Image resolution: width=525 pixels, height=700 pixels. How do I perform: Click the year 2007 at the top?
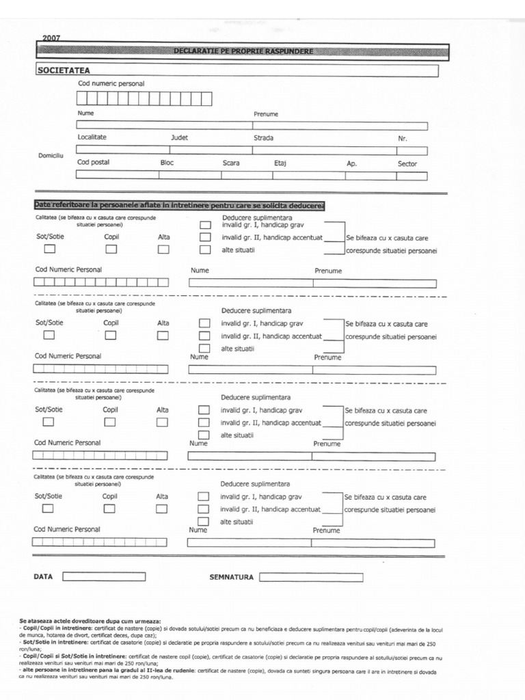(51, 38)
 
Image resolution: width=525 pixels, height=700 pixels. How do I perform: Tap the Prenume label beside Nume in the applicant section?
(266, 114)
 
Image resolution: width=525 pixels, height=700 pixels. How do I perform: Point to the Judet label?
(179, 137)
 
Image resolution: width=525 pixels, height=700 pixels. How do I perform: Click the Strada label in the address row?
(263, 138)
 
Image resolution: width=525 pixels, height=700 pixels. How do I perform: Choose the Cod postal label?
(93, 163)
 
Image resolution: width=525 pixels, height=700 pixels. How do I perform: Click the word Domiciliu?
(51, 156)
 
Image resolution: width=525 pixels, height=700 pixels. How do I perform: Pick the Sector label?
(407, 164)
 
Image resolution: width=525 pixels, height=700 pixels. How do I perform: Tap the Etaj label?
(280, 163)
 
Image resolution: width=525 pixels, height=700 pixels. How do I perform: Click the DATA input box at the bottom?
(104, 576)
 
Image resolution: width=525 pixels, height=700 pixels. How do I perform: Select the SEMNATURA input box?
(311, 577)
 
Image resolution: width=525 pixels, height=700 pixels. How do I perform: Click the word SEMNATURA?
(231, 578)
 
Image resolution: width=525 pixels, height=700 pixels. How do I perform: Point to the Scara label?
(231, 163)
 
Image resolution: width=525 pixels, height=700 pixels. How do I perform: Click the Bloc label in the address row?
(167, 163)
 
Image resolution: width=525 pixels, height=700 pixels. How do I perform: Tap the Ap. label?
(352, 164)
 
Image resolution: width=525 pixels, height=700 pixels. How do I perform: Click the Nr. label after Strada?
(403, 139)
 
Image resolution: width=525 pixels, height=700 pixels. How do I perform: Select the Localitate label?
(92, 137)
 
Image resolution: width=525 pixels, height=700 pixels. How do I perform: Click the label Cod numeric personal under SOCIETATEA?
(111, 83)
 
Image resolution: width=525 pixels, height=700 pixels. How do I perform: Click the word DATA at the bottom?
(43, 577)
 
